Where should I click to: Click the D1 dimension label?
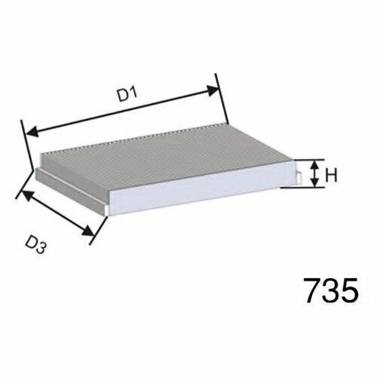(x=128, y=94)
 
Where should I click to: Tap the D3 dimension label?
(x=36, y=245)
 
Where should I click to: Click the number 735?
(x=332, y=290)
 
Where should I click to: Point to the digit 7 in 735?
(x=313, y=290)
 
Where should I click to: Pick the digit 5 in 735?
(x=350, y=290)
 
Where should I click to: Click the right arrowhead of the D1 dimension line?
(x=213, y=90)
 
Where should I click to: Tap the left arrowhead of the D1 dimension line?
(x=32, y=132)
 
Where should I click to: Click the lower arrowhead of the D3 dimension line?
(x=88, y=231)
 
